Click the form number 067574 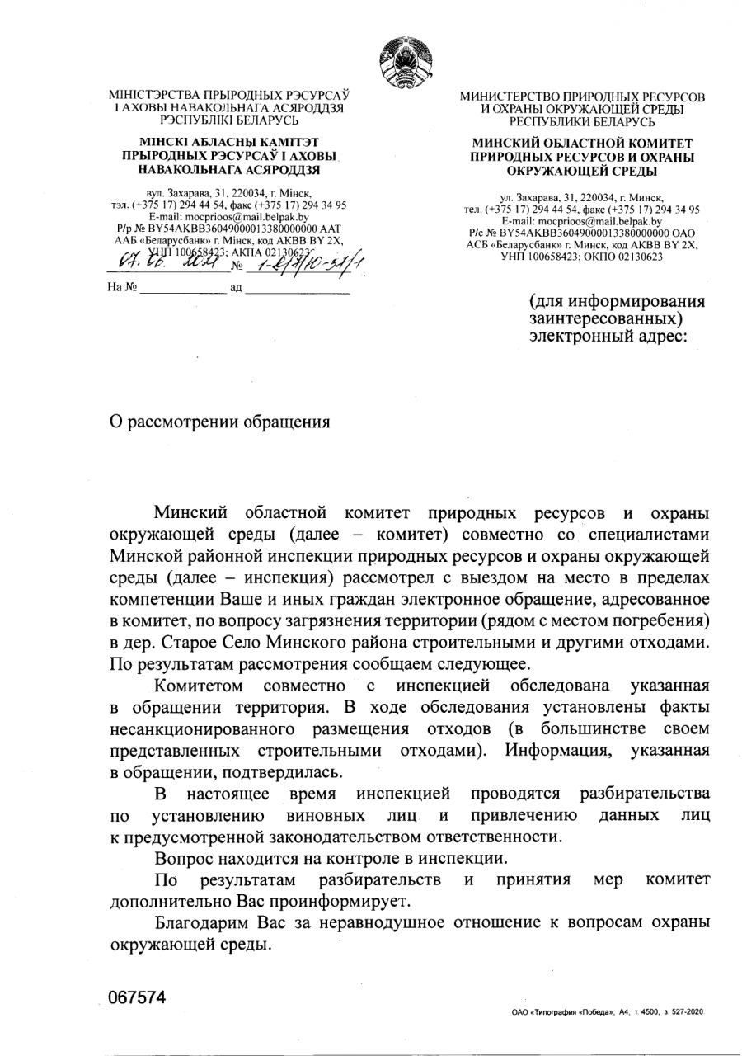(x=137, y=997)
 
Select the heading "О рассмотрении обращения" (x=220, y=422)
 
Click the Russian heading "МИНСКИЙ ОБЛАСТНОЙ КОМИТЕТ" (x=582, y=144)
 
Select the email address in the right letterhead (x=581, y=221)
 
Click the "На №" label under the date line (x=123, y=290)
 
